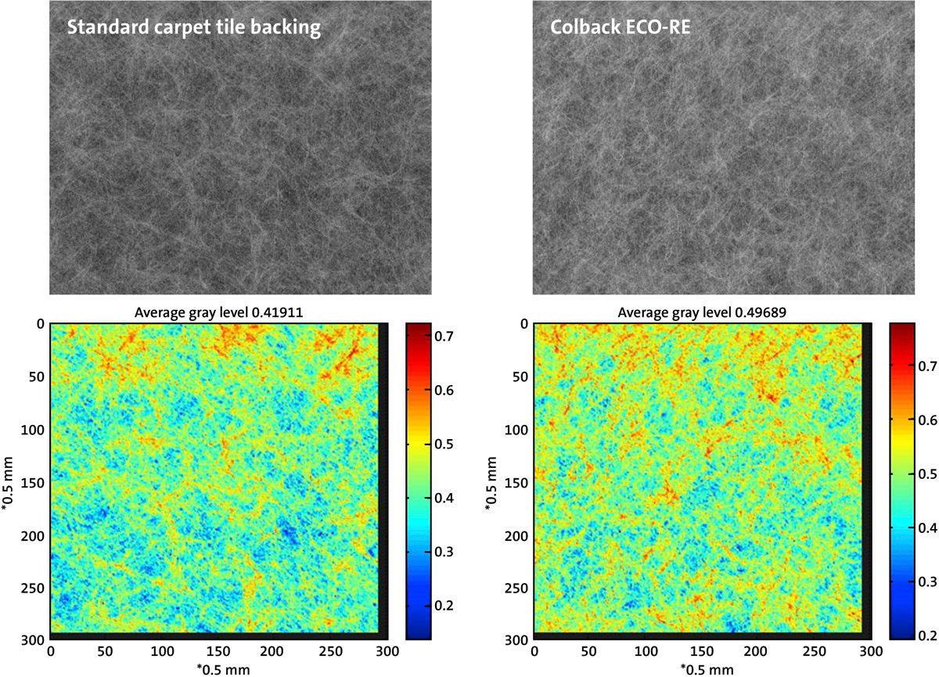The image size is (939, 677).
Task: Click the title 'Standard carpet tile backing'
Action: [194, 29]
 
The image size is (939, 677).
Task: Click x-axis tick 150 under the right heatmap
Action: [702, 650]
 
